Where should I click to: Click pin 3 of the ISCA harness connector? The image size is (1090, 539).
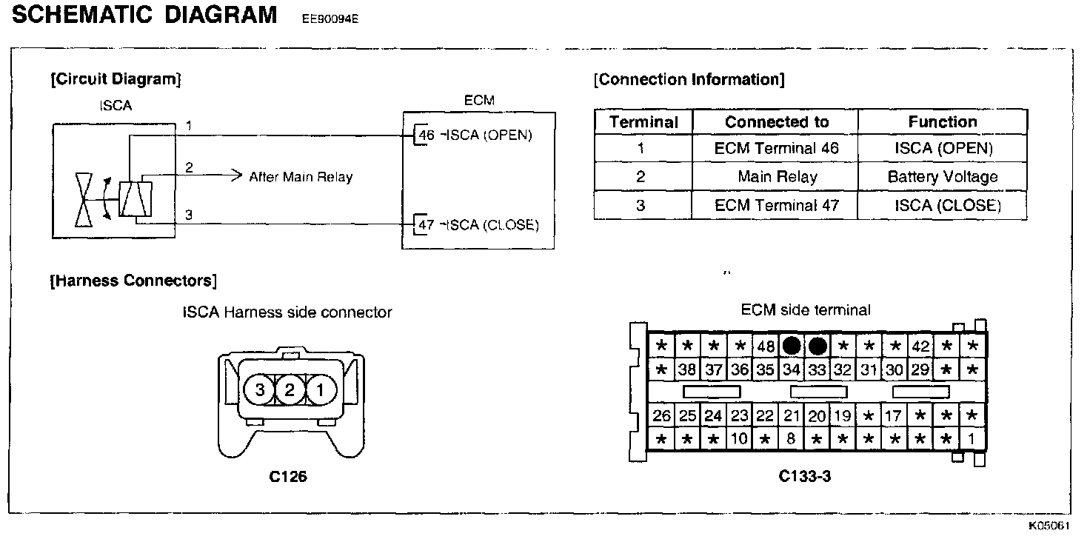coord(260,389)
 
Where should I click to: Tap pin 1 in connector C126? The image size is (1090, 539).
coord(321,389)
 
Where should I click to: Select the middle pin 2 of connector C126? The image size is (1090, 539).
coord(290,389)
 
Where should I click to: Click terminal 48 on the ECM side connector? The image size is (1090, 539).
coord(765,346)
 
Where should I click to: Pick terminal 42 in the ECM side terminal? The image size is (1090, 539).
coord(920,346)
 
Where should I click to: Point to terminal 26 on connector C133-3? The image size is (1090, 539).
coord(662,416)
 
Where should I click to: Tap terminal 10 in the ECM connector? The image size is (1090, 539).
coord(739,439)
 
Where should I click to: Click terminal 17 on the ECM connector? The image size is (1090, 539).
coord(894,416)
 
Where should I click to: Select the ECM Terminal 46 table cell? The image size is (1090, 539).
coord(776,148)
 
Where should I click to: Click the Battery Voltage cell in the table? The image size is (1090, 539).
coord(943,177)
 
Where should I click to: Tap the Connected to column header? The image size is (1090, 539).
coord(776,122)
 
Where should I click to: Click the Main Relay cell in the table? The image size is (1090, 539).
coord(776,177)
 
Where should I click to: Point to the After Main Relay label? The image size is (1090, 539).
coord(301,177)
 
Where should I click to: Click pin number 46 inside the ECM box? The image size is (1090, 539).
coord(427,136)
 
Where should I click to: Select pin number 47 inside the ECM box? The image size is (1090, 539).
coord(427,225)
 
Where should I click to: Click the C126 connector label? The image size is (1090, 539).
coord(288,477)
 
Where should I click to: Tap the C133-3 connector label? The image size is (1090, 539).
coord(805,477)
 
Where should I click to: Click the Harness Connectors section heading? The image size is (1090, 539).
coord(133,281)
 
